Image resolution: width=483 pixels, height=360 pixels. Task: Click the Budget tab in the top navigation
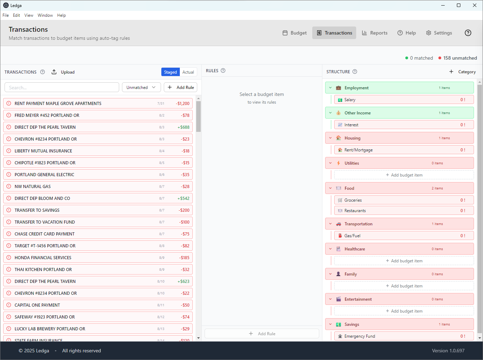click(x=294, y=33)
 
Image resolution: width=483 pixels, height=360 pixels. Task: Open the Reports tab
click(x=375, y=33)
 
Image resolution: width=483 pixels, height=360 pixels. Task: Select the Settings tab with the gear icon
click(x=439, y=33)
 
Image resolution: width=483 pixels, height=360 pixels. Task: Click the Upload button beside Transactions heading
click(x=63, y=72)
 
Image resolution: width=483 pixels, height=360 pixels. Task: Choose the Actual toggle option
click(x=188, y=72)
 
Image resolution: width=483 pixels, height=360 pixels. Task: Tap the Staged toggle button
click(x=170, y=72)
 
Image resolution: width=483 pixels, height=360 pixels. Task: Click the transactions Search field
click(x=62, y=88)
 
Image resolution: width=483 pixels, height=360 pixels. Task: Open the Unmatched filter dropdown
click(x=141, y=88)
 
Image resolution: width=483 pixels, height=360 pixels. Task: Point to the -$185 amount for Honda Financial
click(x=184, y=258)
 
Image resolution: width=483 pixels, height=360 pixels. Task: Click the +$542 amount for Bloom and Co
click(x=183, y=198)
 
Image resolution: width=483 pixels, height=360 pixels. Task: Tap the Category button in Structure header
click(x=462, y=72)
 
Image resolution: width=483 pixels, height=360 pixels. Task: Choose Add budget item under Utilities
click(x=404, y=175)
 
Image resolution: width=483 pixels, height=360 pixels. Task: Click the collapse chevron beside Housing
click(x=330, y=138)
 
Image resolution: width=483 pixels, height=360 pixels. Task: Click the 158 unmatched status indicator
click(x=458, y=58)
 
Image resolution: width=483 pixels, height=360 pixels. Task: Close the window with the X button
click(x=475, y=5)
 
